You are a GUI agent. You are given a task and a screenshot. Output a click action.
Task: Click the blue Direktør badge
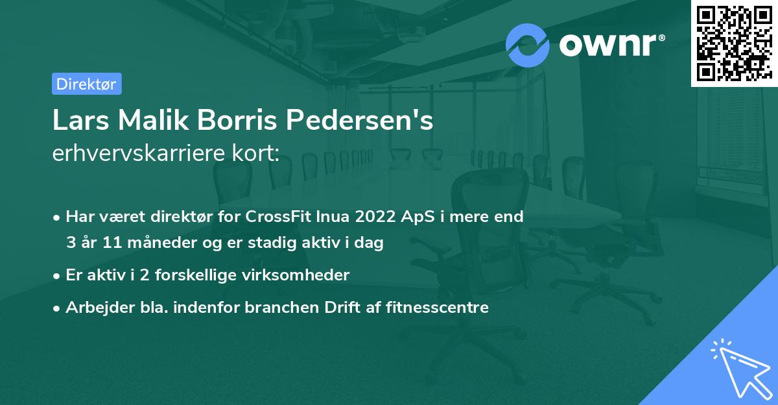(x=86, y=84)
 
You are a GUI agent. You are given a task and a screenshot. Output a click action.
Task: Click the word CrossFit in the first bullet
(x=273, y=217)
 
